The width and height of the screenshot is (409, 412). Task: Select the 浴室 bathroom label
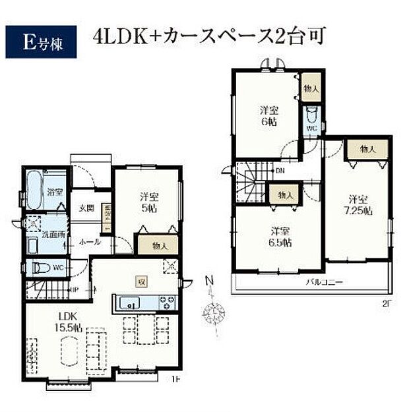point(54,192)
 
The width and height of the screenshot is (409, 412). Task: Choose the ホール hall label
point(90,242)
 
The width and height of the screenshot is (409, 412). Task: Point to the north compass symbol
point(213,309)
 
